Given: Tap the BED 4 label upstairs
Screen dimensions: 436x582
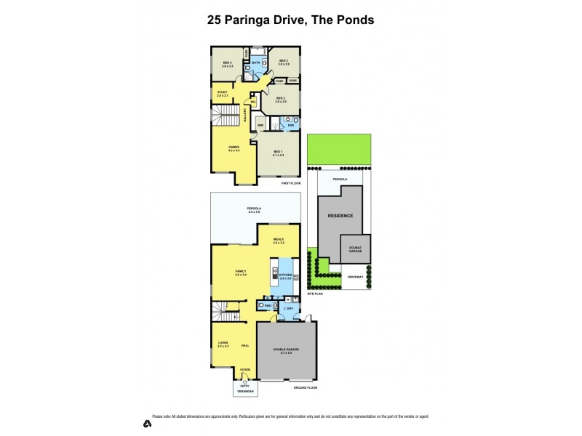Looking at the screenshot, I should click(227, 64).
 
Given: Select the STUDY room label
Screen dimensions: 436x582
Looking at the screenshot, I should click(223, 94).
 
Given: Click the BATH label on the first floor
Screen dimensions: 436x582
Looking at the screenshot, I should click(255, 63).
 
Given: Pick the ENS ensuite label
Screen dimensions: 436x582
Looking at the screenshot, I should click(290, 126).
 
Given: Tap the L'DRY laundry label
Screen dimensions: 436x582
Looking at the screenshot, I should click(290, 309).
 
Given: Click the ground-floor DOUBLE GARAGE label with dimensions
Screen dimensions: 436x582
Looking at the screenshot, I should click(285, 351).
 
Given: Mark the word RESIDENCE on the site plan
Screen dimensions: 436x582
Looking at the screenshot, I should click(340, 216).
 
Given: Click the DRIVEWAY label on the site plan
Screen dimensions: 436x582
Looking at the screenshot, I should click(355, 277).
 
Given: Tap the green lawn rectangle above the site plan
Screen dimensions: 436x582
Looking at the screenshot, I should click(339, 150).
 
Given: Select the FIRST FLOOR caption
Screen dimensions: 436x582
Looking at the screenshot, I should click(291, 183).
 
